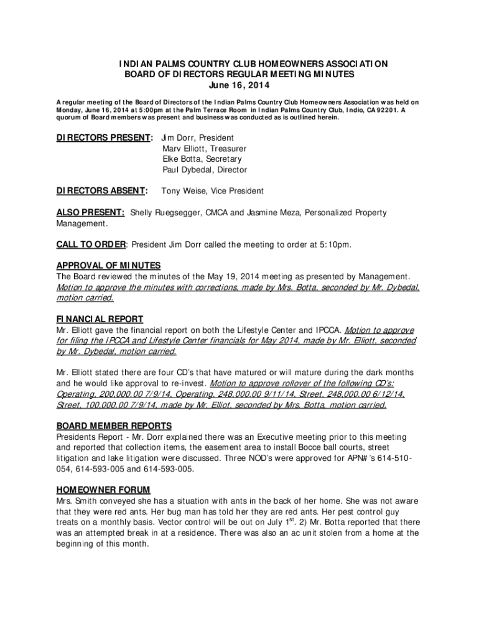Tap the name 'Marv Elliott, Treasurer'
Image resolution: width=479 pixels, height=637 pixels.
(x=204, y=149)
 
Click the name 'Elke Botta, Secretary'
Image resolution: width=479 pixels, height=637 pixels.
(x=202, y=159)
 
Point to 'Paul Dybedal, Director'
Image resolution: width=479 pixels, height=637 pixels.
(x=205, y=170)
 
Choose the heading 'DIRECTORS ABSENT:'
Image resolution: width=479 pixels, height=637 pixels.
(x=102, y=191)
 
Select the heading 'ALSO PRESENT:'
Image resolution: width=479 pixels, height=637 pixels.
(x=90, y=213)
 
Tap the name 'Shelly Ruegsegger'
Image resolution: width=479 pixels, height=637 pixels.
(x=164, y=213)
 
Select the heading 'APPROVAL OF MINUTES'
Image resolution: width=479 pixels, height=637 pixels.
(x=108, y=266)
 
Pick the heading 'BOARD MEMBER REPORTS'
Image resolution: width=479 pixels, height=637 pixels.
(x=114, y=426)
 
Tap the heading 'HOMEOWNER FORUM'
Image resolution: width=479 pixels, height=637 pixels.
(x=103, y=490)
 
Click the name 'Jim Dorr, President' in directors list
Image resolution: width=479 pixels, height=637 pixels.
(x=197, y=137)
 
